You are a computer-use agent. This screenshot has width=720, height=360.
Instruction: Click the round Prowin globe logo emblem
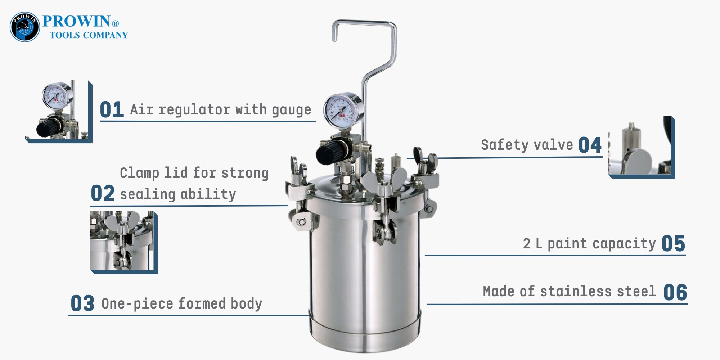pyautogui.click(x=24, y=27)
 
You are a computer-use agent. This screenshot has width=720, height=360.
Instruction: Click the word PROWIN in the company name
pyautogui.click(x=76, y=22)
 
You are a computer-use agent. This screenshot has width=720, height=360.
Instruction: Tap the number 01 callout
pyautogui.click(x=112, y=110)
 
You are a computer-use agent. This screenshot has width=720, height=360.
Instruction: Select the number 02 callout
pyautogui.click(x=103, y=193)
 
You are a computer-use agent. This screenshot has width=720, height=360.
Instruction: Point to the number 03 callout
pyautogui.click(x=82, y=303)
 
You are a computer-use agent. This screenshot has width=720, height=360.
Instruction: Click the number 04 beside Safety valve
pyautogui.click(x=590, y=145)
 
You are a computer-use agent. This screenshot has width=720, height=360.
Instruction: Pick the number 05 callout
pyautogui.click(x=673, y=244)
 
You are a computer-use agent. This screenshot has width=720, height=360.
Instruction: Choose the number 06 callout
pyautogui.click(x=675, y=292)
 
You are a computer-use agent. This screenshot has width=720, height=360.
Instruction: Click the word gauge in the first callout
pyautogui.click(x=292, y=110)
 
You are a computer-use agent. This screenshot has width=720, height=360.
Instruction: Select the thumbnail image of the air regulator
pyautogui.click(x=59, y=112)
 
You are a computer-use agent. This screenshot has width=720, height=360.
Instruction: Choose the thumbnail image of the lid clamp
pyautogui.click(x=124, y=243)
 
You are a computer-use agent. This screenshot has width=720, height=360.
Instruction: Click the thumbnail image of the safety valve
pyautogui.click(x=641, y=147)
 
